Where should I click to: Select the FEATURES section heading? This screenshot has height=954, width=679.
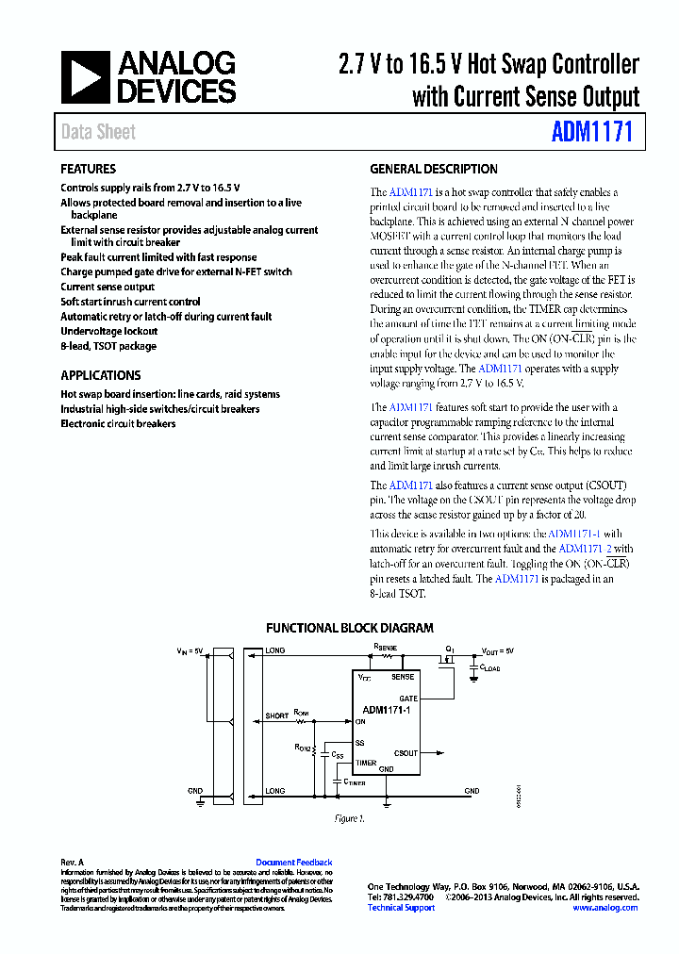click(88, 170)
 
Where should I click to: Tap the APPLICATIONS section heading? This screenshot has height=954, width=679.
click(100, 375)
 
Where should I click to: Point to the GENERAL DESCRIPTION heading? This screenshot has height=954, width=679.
click(433, 170)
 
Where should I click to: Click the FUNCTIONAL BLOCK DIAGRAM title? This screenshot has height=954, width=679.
click(349, 628)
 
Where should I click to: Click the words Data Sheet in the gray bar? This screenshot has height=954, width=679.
click(98, 132)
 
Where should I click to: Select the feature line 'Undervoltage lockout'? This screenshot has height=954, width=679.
click(108, 332)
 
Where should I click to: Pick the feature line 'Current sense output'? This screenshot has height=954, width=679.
click(108, 287)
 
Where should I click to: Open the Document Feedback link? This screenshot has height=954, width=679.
click(293, 863)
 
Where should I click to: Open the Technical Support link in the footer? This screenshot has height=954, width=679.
click(401, 908)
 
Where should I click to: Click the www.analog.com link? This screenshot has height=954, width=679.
click(604, 908)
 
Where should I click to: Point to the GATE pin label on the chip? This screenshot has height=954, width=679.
click(407, 699)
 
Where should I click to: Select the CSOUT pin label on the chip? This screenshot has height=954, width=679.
click(406, 753)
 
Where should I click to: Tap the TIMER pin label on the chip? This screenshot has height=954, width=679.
click(366, 764)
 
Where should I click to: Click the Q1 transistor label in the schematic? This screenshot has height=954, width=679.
click(450, 650)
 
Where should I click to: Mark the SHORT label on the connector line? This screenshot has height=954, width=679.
click(277, 716)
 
